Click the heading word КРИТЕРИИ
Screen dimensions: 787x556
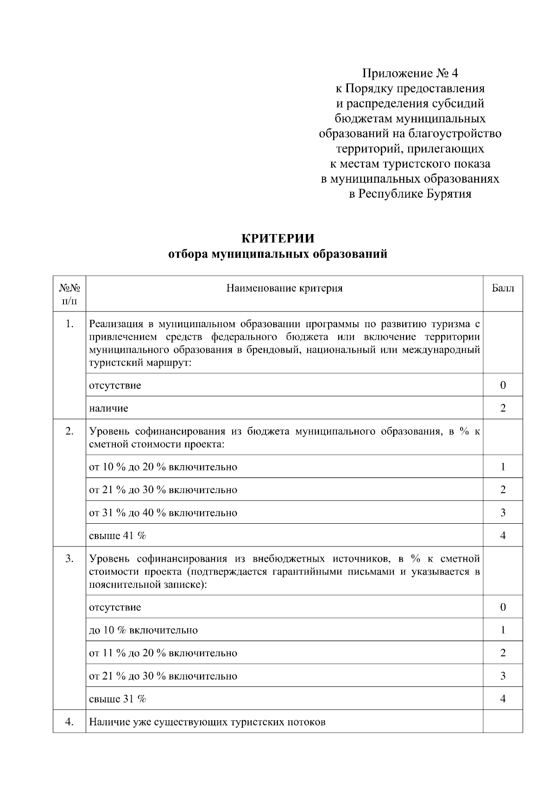[x=278, y=239]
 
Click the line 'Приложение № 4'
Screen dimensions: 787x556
[x=410, y=73]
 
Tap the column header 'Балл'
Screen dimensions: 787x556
[x=503, y=288]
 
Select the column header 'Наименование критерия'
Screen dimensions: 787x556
[x=284, y=288]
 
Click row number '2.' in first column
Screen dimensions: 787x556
[x=69, y=432]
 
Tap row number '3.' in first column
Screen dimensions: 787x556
[x=69, y=559]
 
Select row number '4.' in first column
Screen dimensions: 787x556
[x=69, y=722]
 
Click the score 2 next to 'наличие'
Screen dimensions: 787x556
[x=503, y=408]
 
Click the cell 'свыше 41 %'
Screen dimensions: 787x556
[x=118, y=536]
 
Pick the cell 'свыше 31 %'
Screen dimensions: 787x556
[x=118, y=699]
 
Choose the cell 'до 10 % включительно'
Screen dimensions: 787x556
[x=143, y=630]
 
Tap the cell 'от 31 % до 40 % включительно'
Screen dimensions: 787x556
[x=163, y=513]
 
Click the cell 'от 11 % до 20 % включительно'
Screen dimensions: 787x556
[x=163, y=653]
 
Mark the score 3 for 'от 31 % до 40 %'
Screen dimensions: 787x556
[x=503, y=513]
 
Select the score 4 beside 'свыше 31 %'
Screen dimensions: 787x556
[x=503, y=699]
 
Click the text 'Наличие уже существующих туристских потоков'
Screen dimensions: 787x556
[x=207, y=722]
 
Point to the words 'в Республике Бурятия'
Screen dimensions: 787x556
[x=410, y=194]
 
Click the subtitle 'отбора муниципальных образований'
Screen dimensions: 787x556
[x=278, y=254]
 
